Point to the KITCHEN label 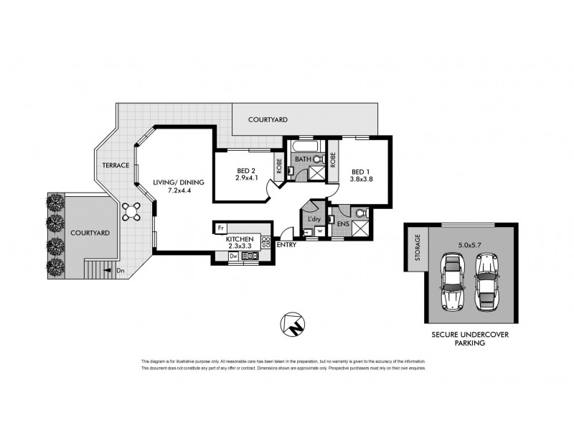[x=240, y=238]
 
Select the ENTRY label [x=286, y=246]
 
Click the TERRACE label [x=115, y=165]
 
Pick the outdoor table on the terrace [x=131, y=210]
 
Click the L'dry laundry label [x=314, y=218]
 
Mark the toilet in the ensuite [x=360, y=213]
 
